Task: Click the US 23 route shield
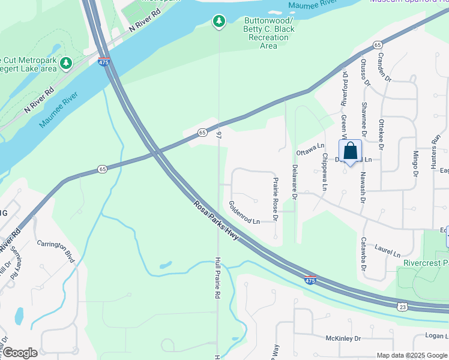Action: tap(402, 307)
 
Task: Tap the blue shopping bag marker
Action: tap(351, 151)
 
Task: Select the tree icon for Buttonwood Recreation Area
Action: tap(219, 22)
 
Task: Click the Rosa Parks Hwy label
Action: tap(216, 221)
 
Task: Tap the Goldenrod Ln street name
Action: tap(244, 212)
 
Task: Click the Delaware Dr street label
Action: tap(295, 182)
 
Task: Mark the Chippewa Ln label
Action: tap(325, 172)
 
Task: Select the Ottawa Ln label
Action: tap(310, 146)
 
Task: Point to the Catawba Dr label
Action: tap(363, 251)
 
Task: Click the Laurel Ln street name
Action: tap(388, 250)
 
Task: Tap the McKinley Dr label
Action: tap(342, 338)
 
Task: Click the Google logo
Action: tap(20, 353)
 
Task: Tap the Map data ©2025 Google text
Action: tap(412, 355)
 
